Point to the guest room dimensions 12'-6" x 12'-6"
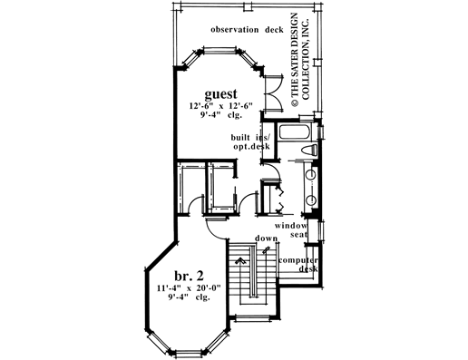(220, 108)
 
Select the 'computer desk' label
(297, 264)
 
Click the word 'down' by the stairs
(265, 238)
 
